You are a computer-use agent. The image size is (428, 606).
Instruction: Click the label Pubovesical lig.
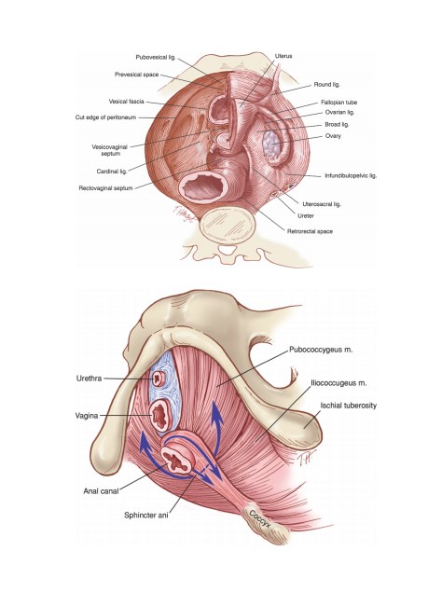pyautogui.click(x=156, y=57)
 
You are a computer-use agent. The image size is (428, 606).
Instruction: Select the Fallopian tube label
pyautogui.click(x=339, y=103)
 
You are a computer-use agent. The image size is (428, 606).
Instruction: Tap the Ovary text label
pyautogui.click(x=333, y=136)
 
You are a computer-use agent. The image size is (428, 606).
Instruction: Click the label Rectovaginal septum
pyautogui.click(x=105, y=188)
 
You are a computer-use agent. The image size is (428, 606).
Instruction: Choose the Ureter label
pyautogui.click(x=306, y=215)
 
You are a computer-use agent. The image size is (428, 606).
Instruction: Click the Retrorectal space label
pyautogui.click(x=311, y=231)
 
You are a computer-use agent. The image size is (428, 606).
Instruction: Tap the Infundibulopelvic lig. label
pyautogui.click(x=351, y=175)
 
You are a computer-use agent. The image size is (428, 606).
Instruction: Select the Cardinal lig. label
pyautogui.click(x=112, y=172)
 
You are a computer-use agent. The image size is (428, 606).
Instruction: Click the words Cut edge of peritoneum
pyautogui.click(x=105, y=117)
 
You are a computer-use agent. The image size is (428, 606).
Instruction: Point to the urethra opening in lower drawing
pyautogui.click(x=159, y=379)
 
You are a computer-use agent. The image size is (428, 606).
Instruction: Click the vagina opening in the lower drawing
pyautogui.click(x=159, y=416)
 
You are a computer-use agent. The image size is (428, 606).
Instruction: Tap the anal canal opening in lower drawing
pyautogui.click(x=176, y=460)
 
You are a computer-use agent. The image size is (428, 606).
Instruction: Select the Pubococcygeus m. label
pyautogui.click(x=321, y=351)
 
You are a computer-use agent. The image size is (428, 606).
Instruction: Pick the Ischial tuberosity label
pyautogui.click(x=349, y=406)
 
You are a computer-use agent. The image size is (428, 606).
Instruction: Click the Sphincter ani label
pyautogui.click(x=146, y=516)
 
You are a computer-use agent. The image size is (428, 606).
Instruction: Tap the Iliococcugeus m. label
pyautogui.click(x=339, y=383)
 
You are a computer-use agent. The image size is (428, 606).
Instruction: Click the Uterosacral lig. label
pyautogui.click(x=322, y=204)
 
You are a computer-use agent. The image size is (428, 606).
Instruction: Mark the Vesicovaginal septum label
pyautogui.click(x=110, y=150)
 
